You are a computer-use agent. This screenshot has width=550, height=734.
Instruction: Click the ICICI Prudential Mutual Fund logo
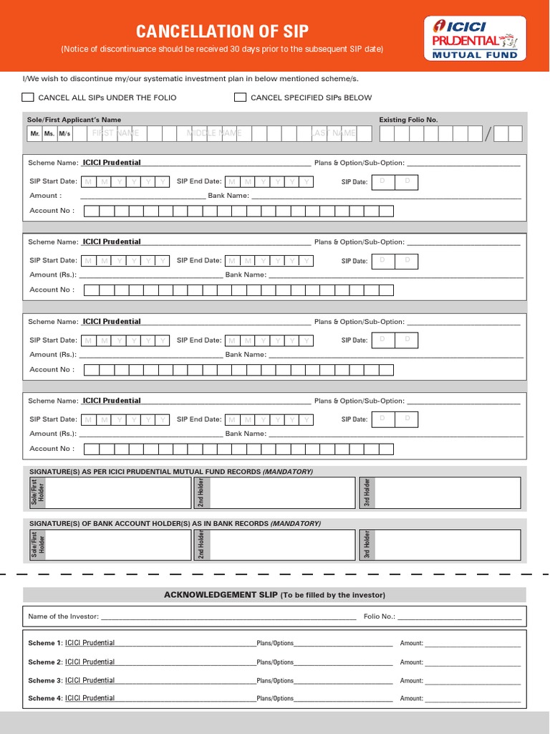[x=476, y=38]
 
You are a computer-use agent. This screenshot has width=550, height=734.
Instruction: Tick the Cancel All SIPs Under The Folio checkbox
[x=28, y=97]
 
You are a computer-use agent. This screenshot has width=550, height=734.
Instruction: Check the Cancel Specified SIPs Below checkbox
[x=240, y=97]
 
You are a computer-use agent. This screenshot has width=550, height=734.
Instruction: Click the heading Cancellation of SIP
[x=222, y=32]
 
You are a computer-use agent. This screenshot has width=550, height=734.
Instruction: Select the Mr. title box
[x=34, y=134]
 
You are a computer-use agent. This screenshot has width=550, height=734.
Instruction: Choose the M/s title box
[x=64, y=134]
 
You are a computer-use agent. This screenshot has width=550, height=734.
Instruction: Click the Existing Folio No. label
[x=408, y=120]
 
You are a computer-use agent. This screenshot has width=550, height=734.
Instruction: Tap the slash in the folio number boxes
[x=488, y=134]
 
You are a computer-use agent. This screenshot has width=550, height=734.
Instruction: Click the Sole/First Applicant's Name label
[x=74, y=120]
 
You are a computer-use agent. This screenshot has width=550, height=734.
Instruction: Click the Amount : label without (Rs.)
[x=45, y=196]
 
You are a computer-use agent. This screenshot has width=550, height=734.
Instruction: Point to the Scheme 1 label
[x=44, y=643]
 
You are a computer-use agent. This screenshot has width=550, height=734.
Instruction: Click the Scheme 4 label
[x=44, y=698]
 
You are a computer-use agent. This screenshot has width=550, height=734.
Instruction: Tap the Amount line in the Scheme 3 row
[x=473, y=681]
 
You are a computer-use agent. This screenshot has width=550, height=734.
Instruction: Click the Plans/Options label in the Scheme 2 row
[x=275, y=662]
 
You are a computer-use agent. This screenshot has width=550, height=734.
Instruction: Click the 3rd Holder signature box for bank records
[x=447, y=545]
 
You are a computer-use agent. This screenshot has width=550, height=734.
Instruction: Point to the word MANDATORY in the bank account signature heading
[x=295, y=523]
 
